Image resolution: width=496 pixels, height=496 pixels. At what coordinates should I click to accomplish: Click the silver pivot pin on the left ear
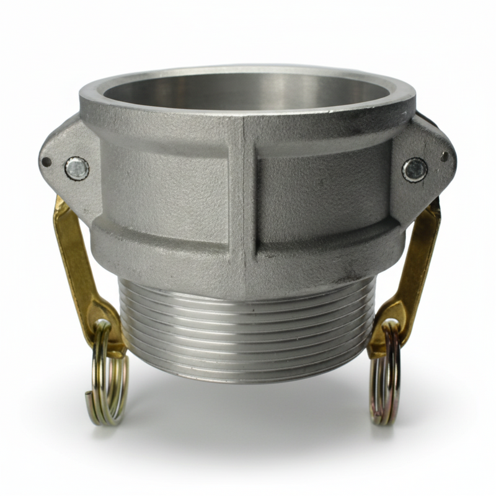coord(77,168)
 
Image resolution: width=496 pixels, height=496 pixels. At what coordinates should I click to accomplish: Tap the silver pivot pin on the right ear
coord(414,169)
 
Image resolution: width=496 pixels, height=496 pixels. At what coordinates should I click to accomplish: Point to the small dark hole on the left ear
coord(46,162)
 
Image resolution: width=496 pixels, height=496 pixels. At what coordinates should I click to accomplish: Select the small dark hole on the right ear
coord(445,157)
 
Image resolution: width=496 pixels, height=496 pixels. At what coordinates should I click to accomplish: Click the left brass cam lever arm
coord(73,254)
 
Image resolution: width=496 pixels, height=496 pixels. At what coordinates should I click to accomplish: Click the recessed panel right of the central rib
coord(322,192)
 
